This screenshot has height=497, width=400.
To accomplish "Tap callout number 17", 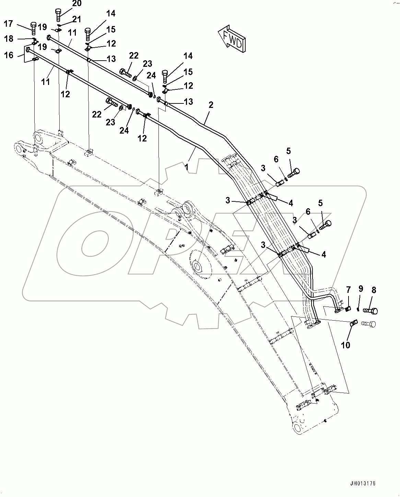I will click(x=8, y=24).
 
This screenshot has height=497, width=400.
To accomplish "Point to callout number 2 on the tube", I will click(x=211, y=105).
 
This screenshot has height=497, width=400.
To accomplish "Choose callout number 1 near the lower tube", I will click(x=186, y=167).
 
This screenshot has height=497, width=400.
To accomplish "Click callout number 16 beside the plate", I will click(x=9, y=55).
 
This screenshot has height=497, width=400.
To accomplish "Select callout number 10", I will click(x=346, y=345).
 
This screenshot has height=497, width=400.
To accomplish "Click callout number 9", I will click(x=360, y=289).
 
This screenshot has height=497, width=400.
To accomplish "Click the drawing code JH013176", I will click(x=363, y=484).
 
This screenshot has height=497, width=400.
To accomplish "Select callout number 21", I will click(x=77, y=19).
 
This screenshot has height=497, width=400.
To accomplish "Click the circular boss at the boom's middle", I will click(x=199, y=266).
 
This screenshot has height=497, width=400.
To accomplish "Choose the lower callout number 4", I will click(x=323, y=254).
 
